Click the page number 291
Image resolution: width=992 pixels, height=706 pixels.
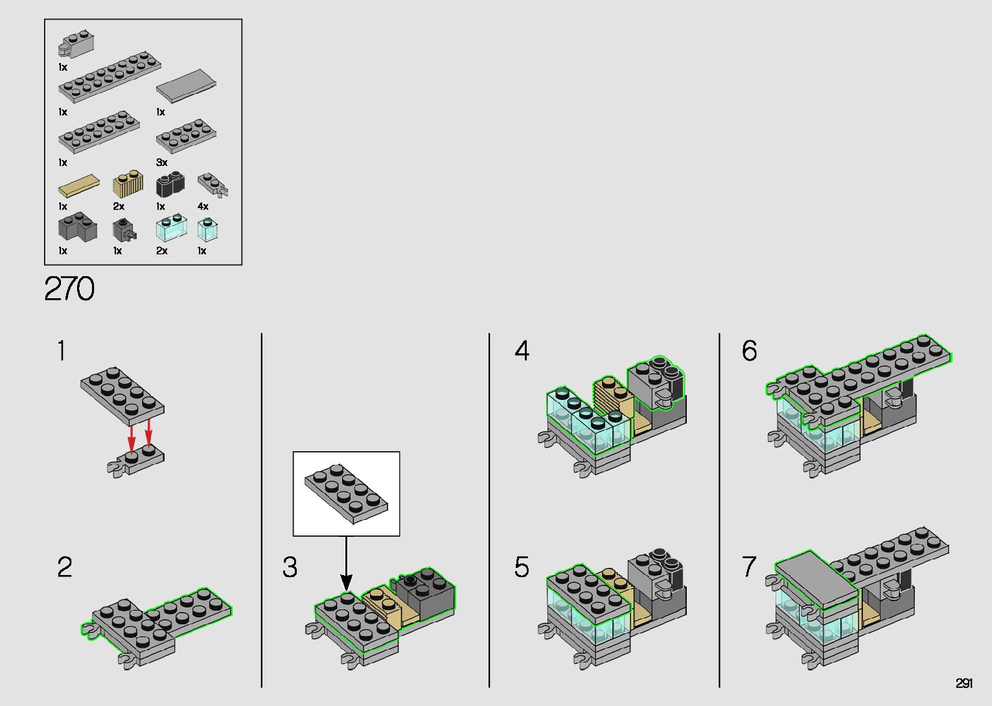coord(963,683)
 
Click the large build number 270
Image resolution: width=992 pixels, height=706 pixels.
coord(69,289)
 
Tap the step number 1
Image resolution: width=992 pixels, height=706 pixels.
coord(62,351)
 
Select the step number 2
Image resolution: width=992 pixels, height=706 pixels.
coord(65,567)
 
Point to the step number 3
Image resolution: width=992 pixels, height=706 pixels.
coord(290,567)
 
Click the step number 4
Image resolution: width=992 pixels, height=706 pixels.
coord(522,351)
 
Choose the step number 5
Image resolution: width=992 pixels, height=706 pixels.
coord(522,567)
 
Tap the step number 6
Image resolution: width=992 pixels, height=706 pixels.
coord(749,351)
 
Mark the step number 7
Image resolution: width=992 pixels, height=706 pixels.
coord(749,567)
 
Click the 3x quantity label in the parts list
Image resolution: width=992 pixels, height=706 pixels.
coord(162,163)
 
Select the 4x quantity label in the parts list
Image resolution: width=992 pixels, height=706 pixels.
coord(203,207)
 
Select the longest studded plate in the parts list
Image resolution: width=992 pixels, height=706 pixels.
coord(110,77)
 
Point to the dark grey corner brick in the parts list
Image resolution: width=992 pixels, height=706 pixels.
coord(78,228)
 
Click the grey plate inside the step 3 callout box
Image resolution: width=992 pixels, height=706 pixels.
coord(347,493)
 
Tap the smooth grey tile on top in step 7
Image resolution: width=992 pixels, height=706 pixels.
coord(817,579)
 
